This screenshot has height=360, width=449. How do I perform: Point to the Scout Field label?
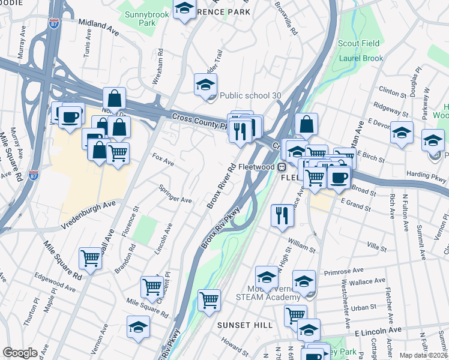pos(358,44)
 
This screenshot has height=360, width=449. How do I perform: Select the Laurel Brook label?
pos(361,58)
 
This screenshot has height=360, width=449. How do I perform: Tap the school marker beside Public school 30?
pos(205,85)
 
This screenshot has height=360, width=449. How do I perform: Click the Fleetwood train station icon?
pos(280,166)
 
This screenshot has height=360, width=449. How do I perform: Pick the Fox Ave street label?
pos(163,162)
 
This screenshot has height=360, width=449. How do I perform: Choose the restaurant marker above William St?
pos(282,216)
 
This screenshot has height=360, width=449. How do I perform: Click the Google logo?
pos(19,353)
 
